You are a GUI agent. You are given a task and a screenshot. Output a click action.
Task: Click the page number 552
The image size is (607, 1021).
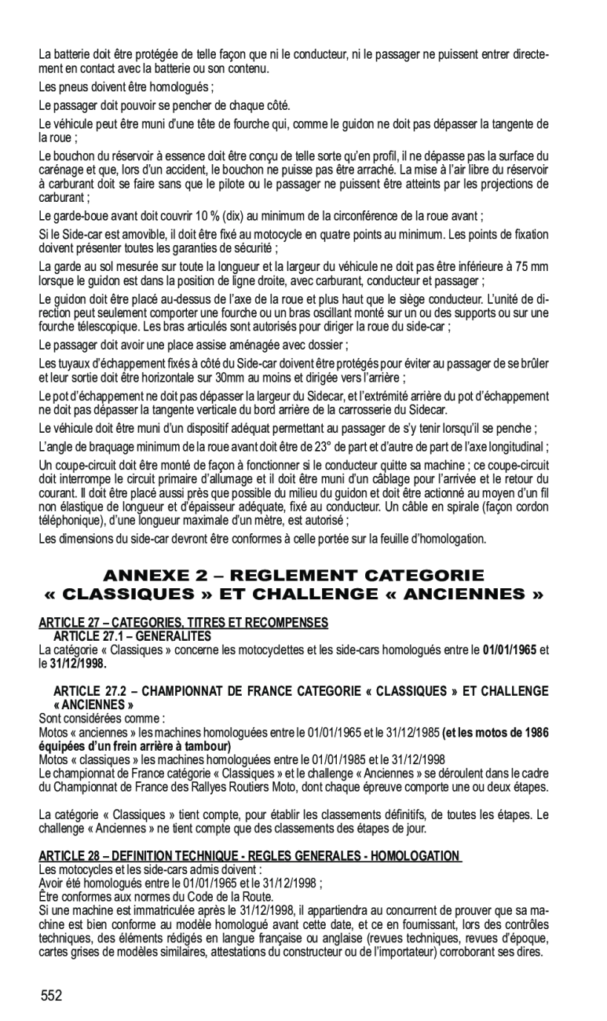pos(52,995)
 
